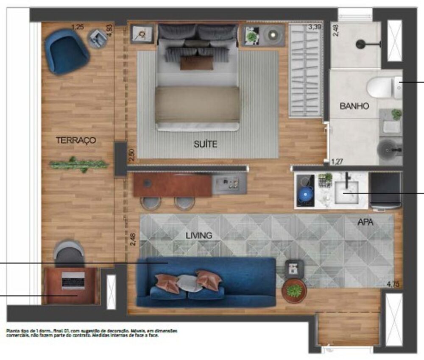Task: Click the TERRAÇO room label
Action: (x=76, y=140)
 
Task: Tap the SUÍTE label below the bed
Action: (x=206, y=144)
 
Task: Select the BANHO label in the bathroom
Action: (x=354, y=106)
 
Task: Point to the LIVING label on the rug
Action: (x=198, y=235)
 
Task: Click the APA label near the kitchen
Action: (x=365, y=221)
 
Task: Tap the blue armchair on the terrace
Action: (x=66, y=51)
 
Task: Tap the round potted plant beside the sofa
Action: (x=294, y=291)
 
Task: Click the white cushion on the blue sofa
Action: (x=189, y=283)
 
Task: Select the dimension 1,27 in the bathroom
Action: (x=337, y=161)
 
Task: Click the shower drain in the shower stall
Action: (x=361, y=44)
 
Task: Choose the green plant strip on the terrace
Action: (x=79, y=164)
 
